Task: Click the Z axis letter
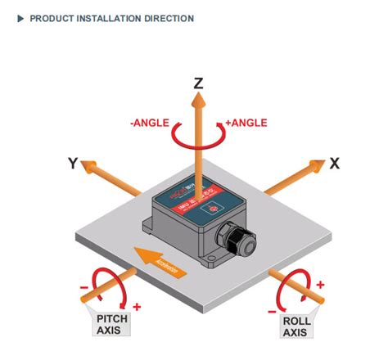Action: point(198,83)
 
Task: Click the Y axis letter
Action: point(74,164)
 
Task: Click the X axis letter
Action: point(334,164)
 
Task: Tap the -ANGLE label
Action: point(149,123)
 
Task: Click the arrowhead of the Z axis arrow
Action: point(198,100)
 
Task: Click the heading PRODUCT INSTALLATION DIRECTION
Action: point(112,18)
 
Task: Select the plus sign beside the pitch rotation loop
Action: point(136,307)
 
